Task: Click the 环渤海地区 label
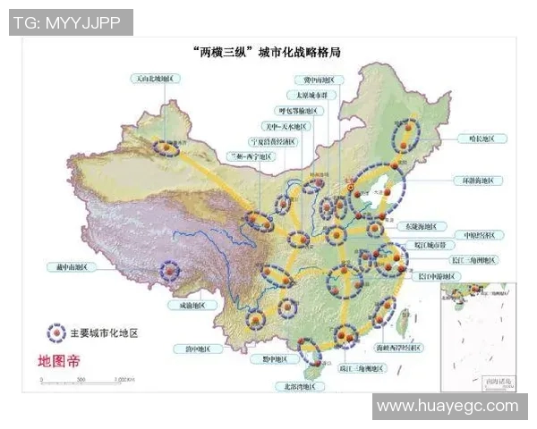click(478, 181)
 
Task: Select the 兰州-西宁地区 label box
click(256, 155)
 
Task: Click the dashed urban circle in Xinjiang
click(165, 147)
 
